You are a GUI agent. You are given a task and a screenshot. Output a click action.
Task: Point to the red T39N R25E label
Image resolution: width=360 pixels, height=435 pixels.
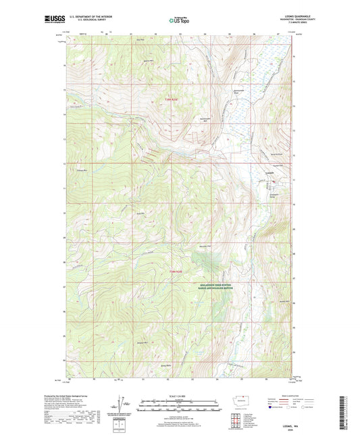174,99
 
